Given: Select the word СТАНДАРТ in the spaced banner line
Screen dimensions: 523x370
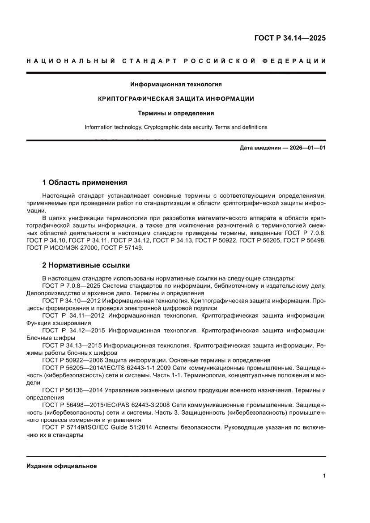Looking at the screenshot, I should click(146, 61).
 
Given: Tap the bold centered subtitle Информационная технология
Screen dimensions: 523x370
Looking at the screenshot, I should click(176, 84).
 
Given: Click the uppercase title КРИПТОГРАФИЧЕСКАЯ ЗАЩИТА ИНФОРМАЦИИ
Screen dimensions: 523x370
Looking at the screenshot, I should click(176, 98).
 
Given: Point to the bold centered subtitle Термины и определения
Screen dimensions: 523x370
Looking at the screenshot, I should click(176, 113).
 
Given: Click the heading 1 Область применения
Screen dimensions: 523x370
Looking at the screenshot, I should click(85, 183).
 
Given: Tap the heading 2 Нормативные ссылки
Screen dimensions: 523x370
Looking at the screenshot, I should click(86, 265).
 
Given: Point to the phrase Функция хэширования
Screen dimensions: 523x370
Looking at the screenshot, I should click(59, 323).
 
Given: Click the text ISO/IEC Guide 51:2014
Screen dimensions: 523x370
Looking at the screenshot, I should click(126, 428).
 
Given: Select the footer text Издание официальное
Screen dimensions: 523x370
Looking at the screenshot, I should click(62, 466).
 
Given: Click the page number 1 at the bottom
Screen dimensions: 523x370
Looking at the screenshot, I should click(323, 476).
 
